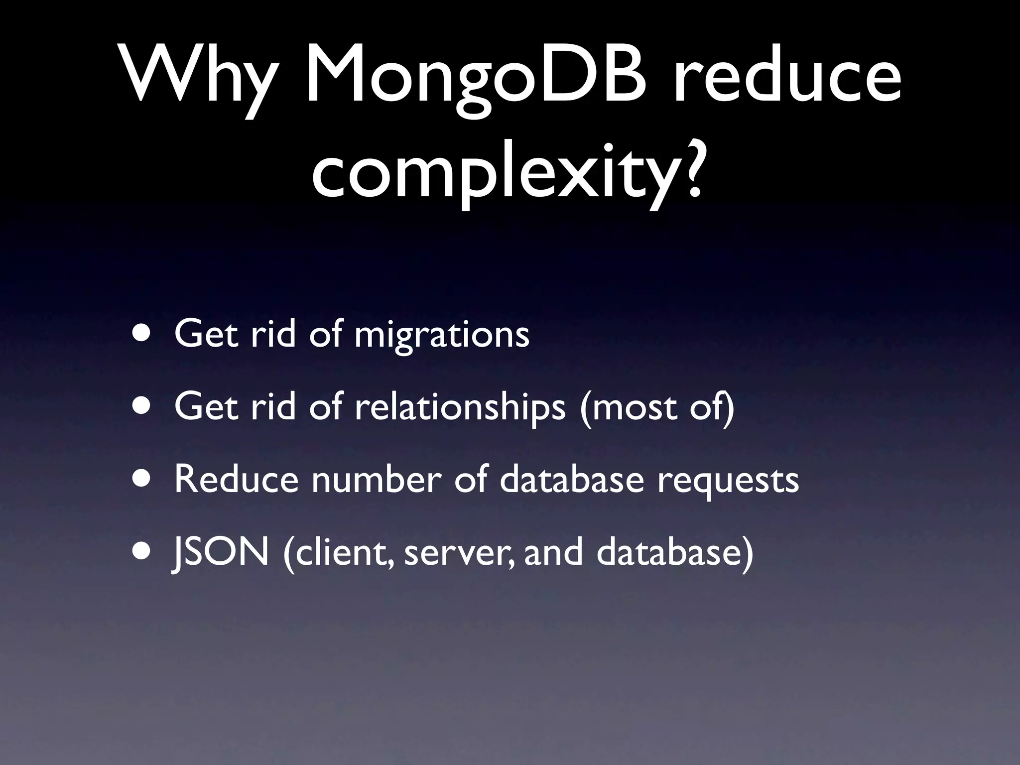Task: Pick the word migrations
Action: pos(442,335)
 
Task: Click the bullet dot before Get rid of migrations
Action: pos(143,334)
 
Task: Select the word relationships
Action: pos(460,407)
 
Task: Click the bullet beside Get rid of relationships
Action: pos(143,406)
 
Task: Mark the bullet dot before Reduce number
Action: pos(143,479)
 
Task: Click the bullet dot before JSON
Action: pos(143,551)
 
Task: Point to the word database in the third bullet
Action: pos(572,479)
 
